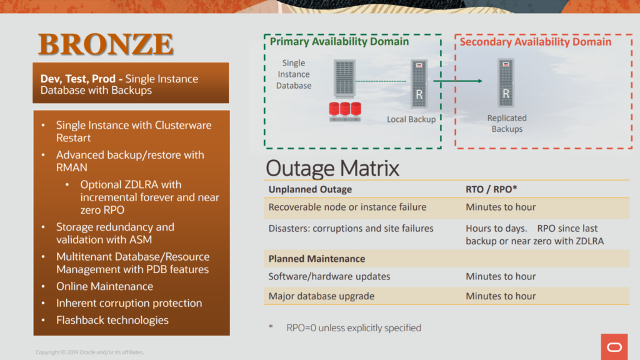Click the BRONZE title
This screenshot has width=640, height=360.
click(x=106, y=44)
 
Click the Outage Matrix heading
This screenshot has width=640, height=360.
click(x=332, y=168)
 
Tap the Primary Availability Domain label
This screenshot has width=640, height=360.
click(x=339, y=42)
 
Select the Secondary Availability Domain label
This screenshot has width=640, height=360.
click(x=536, y=42)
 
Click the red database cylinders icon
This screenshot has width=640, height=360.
click(x=345, y=110)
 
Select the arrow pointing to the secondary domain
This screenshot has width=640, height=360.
click(x=458, y=81)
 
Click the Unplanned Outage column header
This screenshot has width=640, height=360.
click(x=310, y=189)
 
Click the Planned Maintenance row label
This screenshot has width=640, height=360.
click(x=317, y=259)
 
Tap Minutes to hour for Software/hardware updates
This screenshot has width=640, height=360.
click(x=501, y=276)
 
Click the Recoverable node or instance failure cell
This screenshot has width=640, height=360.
click(x=347, y=207)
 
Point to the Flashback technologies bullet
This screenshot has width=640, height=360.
click(x=112, y=320)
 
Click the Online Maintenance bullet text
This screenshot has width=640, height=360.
click(x=104, y=286)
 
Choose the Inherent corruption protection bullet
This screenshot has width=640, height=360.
click(x=129, y=303)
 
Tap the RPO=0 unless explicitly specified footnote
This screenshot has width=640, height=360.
click(x=353, y=327)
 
